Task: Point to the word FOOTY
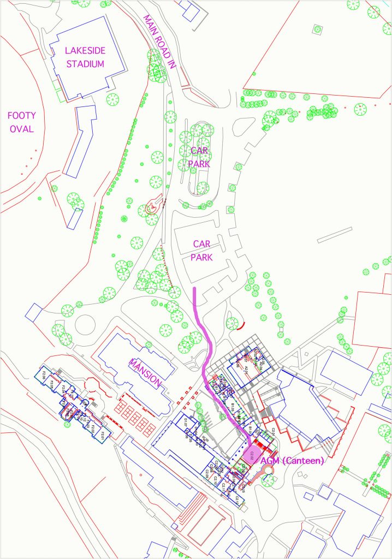click(21, 116)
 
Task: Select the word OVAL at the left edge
click(21, 129)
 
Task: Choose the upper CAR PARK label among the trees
click(199, 156)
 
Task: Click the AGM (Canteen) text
click(292, 461)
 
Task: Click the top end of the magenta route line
click(195, 287)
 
